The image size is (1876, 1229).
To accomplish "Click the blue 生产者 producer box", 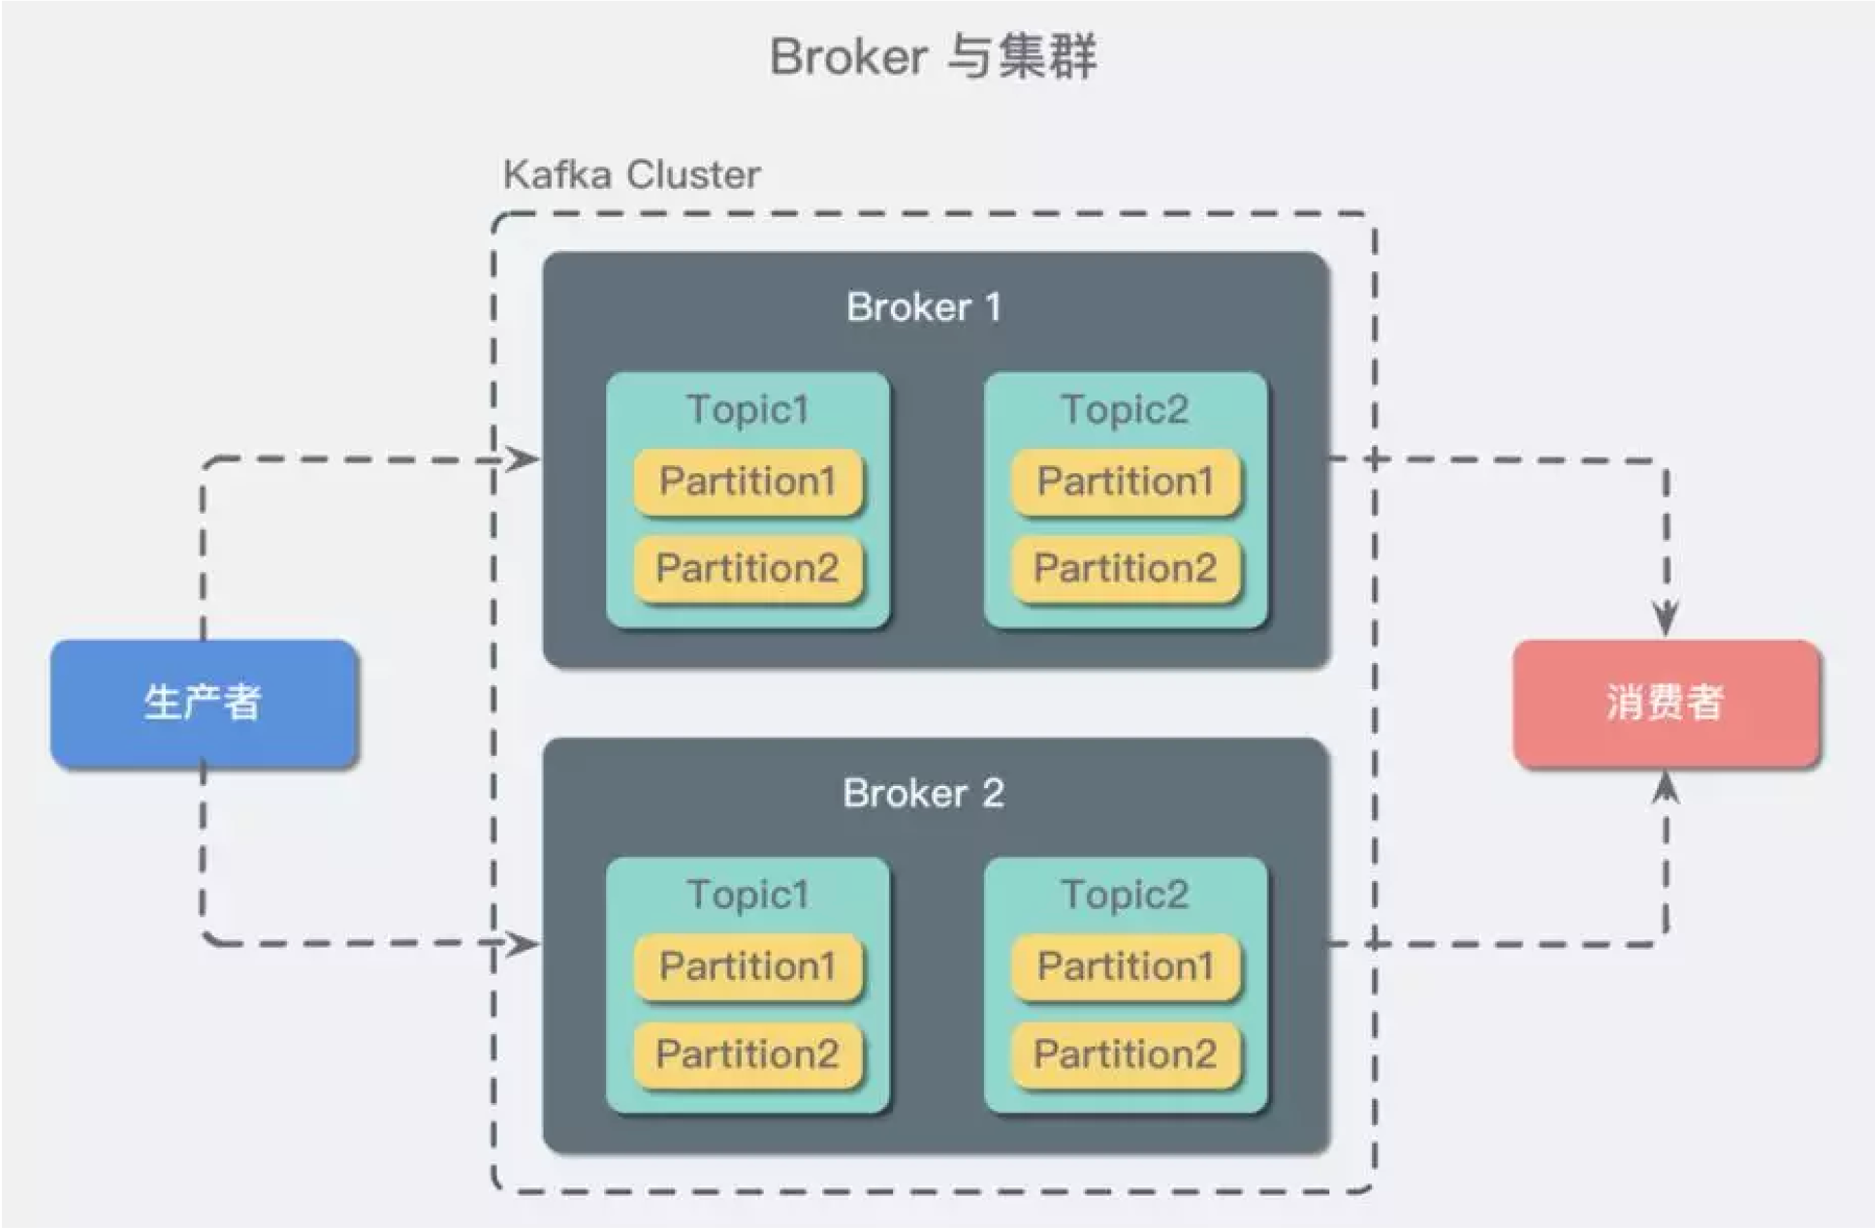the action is click(x=205, y=704).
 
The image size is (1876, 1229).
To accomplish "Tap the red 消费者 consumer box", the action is click(x=1667, y=704).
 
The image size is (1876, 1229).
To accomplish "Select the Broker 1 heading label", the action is click(x=924, y=307).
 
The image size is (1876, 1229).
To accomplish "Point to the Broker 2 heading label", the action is click(x=924, y=794).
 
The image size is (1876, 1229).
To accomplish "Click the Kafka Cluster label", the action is click(x=631, y=175).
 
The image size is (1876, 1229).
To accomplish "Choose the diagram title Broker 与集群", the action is click(x=933, y=56).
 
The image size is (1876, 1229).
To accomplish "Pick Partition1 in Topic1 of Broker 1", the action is click(x=747, y=482).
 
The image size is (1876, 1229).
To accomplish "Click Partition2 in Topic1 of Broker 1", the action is click(x=747, y=569).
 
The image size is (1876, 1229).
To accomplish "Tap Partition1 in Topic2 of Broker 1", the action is click(x=1126, y=482).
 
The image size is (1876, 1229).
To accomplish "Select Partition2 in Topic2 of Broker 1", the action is click(x=1126, y=569).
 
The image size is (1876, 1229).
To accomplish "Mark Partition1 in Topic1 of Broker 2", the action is click(x=747, y=967).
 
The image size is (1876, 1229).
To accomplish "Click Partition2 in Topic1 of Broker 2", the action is click(x=747, y=1055).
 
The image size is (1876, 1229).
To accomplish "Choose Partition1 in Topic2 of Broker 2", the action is click(x=1126, y=967).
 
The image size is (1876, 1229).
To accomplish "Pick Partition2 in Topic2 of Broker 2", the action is click(x=1126, y=1055).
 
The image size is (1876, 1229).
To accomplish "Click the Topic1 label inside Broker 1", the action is click(x=747, y=409).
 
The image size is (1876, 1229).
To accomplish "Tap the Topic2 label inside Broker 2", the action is click(x=1125, y=895).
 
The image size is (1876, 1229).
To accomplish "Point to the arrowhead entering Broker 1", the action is click(x=525, y=458).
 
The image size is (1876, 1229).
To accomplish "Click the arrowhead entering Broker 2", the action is click(x=525, y=943).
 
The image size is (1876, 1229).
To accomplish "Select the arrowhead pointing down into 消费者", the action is click(x=1666, y=619).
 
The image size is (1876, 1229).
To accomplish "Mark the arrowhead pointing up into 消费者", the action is click(x=1666, y=788).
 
